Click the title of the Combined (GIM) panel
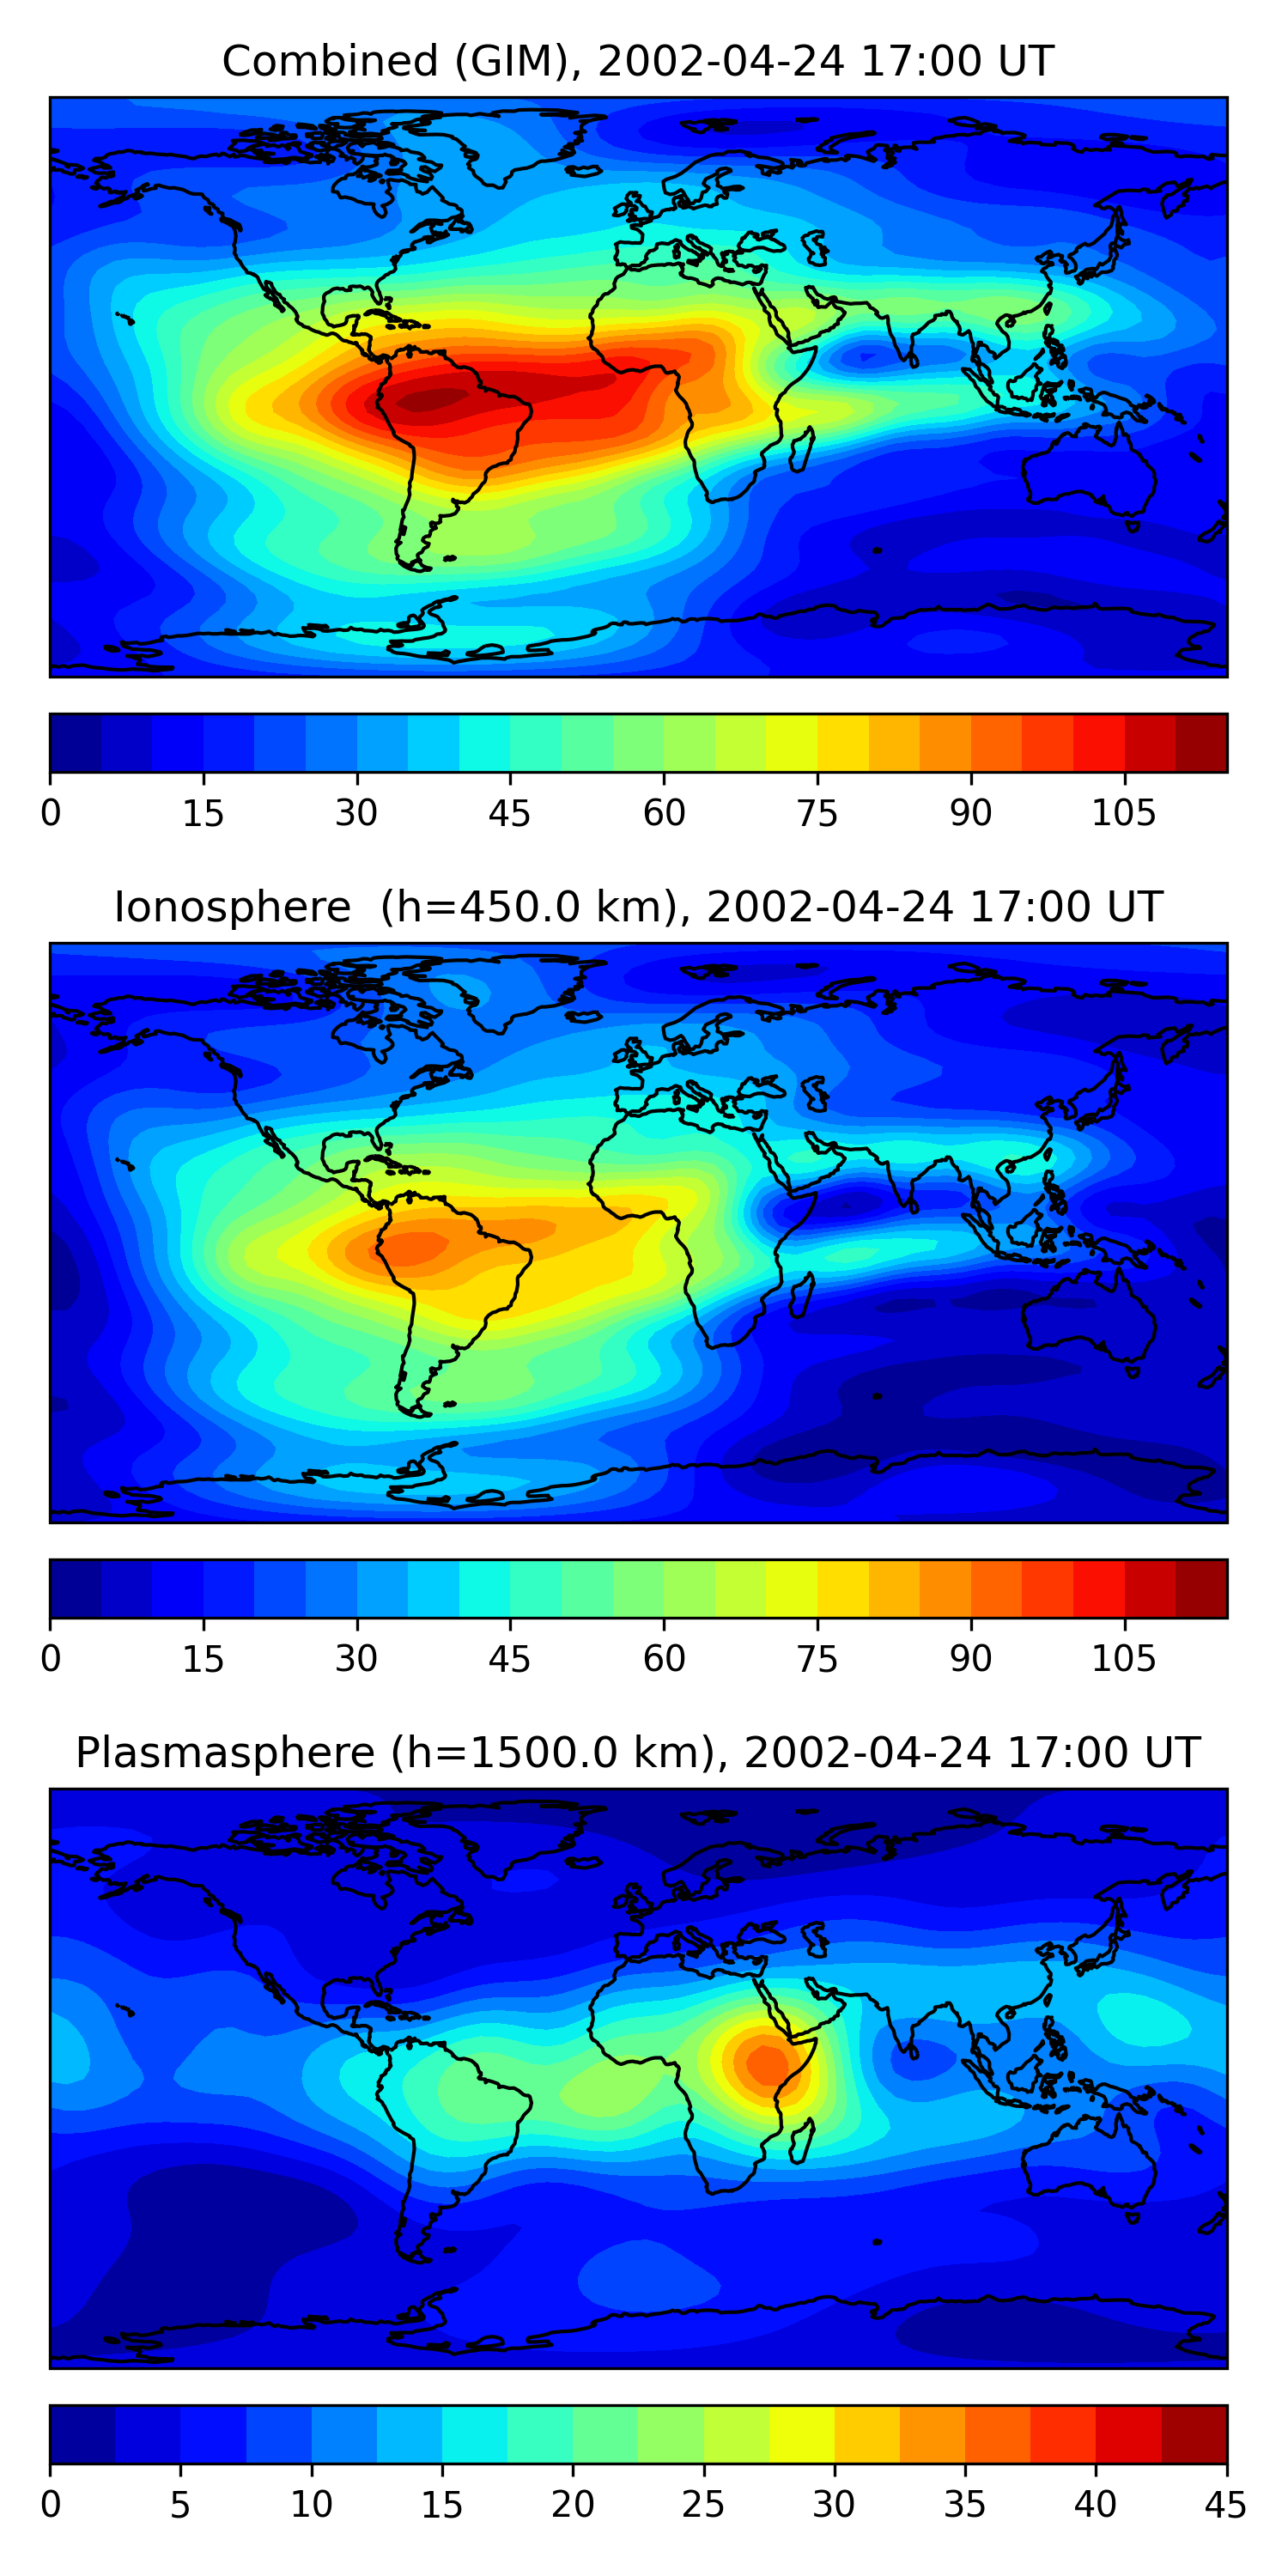coord(637,61)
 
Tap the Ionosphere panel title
coord(637,907)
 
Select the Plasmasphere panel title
coord(637,1753)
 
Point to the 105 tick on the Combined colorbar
coord(1123,813)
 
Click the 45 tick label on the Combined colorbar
coord(509,813)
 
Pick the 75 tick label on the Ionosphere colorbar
coord(816,1659)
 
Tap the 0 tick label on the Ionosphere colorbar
coord(51,1659)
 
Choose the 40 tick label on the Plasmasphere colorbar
coord(1095,2505)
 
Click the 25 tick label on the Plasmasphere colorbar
coord(703,2505)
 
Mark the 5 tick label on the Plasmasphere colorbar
coord(180,2505)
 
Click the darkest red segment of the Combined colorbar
coord(1201,743)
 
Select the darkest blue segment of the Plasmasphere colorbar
coord(82,2434)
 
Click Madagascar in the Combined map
coord(801,451)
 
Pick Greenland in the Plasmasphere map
coord(500,1845)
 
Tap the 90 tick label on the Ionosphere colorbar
coord(970,1659)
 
